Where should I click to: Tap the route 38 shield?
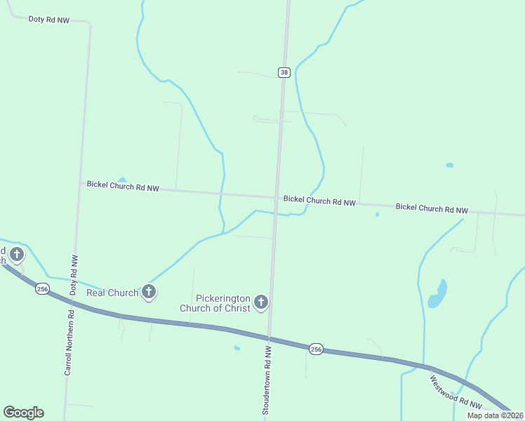click(284, 72)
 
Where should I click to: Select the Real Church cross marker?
click(148, 291)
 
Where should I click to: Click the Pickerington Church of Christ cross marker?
click(261, 302)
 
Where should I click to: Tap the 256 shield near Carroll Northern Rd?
click(43, 289)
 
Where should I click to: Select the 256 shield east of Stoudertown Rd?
click(316, 349)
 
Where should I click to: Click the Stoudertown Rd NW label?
click(267, 380)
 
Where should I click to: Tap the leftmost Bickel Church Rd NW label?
click(124, 187)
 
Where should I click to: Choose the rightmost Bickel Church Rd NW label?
click(432, 208)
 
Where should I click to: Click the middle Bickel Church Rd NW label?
click(319, 201)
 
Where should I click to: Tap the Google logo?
click(23, 413)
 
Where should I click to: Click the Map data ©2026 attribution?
click(496, 415)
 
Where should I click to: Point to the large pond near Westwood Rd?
click(438, 295)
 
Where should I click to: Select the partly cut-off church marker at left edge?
click(16, 253)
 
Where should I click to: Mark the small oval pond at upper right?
click(449, 166)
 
